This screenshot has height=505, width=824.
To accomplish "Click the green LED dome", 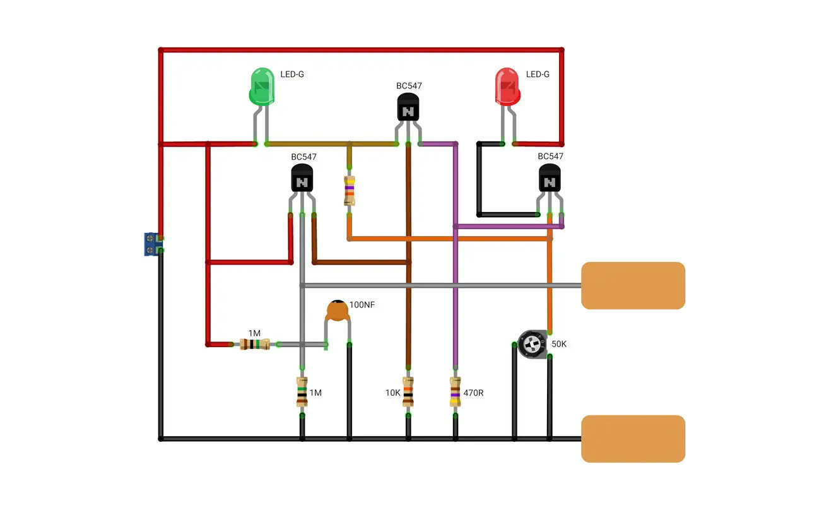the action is (x=262, y=86).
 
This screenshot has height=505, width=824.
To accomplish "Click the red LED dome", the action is (x=508, y=86).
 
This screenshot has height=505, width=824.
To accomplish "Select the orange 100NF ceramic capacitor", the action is (x=338, y=310).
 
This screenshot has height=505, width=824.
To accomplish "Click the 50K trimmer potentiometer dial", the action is (x=532, y=345).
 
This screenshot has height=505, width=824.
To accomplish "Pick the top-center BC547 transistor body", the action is (x=408, y=107).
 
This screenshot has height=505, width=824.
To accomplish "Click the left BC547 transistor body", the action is (x=302, y=178).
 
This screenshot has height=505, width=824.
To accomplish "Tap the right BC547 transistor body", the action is (x=550, y=178).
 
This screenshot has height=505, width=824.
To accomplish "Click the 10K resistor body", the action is (x=408, y=391).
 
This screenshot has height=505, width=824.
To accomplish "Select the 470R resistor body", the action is (x=455, y=391).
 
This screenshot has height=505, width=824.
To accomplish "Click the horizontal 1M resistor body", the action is (x=254, y=344).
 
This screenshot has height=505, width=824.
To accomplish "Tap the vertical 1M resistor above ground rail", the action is (x=302, y=391).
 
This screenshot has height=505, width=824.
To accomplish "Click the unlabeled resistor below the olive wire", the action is (x=349, y=190).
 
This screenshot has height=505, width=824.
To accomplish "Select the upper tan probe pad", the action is (x=633, y=285).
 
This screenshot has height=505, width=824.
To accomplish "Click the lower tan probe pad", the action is (x=633, y=439).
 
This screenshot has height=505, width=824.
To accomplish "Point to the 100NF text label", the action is (x=362, y=305).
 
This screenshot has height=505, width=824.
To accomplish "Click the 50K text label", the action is (x=559, y=344).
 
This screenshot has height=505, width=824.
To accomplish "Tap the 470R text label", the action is (x=473, y=393).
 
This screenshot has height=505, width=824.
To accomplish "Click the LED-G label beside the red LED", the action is (x=538, y=74).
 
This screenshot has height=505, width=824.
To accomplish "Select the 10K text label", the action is (x=392, y=393).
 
